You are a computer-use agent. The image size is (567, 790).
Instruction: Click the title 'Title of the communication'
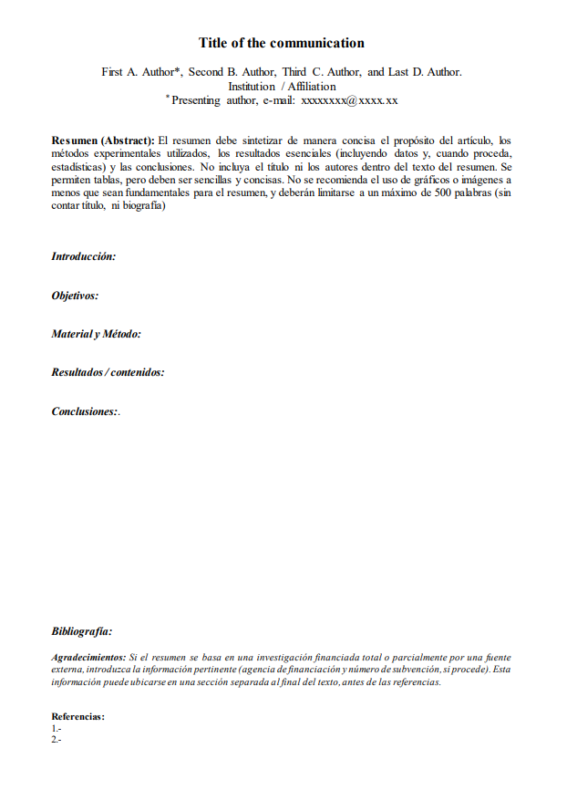(x=282, y=43)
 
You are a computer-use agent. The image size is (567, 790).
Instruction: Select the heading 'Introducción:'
(x=84, y=257)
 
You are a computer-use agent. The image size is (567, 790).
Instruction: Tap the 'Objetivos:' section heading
(x=75, y=296)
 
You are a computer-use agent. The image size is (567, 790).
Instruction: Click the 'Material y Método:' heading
(x=96, y=334)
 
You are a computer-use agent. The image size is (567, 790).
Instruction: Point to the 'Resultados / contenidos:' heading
(x=108, y=372)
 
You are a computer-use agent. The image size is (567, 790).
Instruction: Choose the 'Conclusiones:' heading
(x=85, y=411)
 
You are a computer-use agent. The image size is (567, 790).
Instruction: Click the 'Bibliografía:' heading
(x=82, y=631)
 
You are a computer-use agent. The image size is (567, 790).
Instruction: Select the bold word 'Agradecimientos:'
(x=88, y=657)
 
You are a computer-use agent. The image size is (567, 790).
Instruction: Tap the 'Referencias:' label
(x=77, y=717)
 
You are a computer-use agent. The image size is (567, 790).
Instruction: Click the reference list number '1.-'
(x=57, y=728)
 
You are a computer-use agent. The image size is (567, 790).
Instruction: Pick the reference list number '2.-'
(x=57, y=739)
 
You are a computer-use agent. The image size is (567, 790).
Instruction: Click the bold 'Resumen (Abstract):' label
(x=103, y=140)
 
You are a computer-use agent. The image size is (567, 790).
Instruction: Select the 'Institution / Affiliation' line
(x=282, y=87)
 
